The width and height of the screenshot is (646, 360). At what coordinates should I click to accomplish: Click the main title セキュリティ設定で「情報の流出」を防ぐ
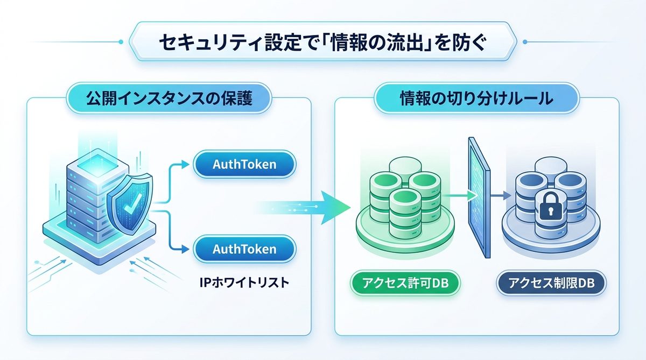point(323,43)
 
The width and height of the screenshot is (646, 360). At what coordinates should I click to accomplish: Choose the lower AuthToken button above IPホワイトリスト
point(244,249)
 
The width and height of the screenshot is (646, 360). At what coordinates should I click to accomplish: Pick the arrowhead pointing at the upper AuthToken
point(187,165)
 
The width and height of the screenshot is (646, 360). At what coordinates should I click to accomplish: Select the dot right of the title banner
point(525,41)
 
